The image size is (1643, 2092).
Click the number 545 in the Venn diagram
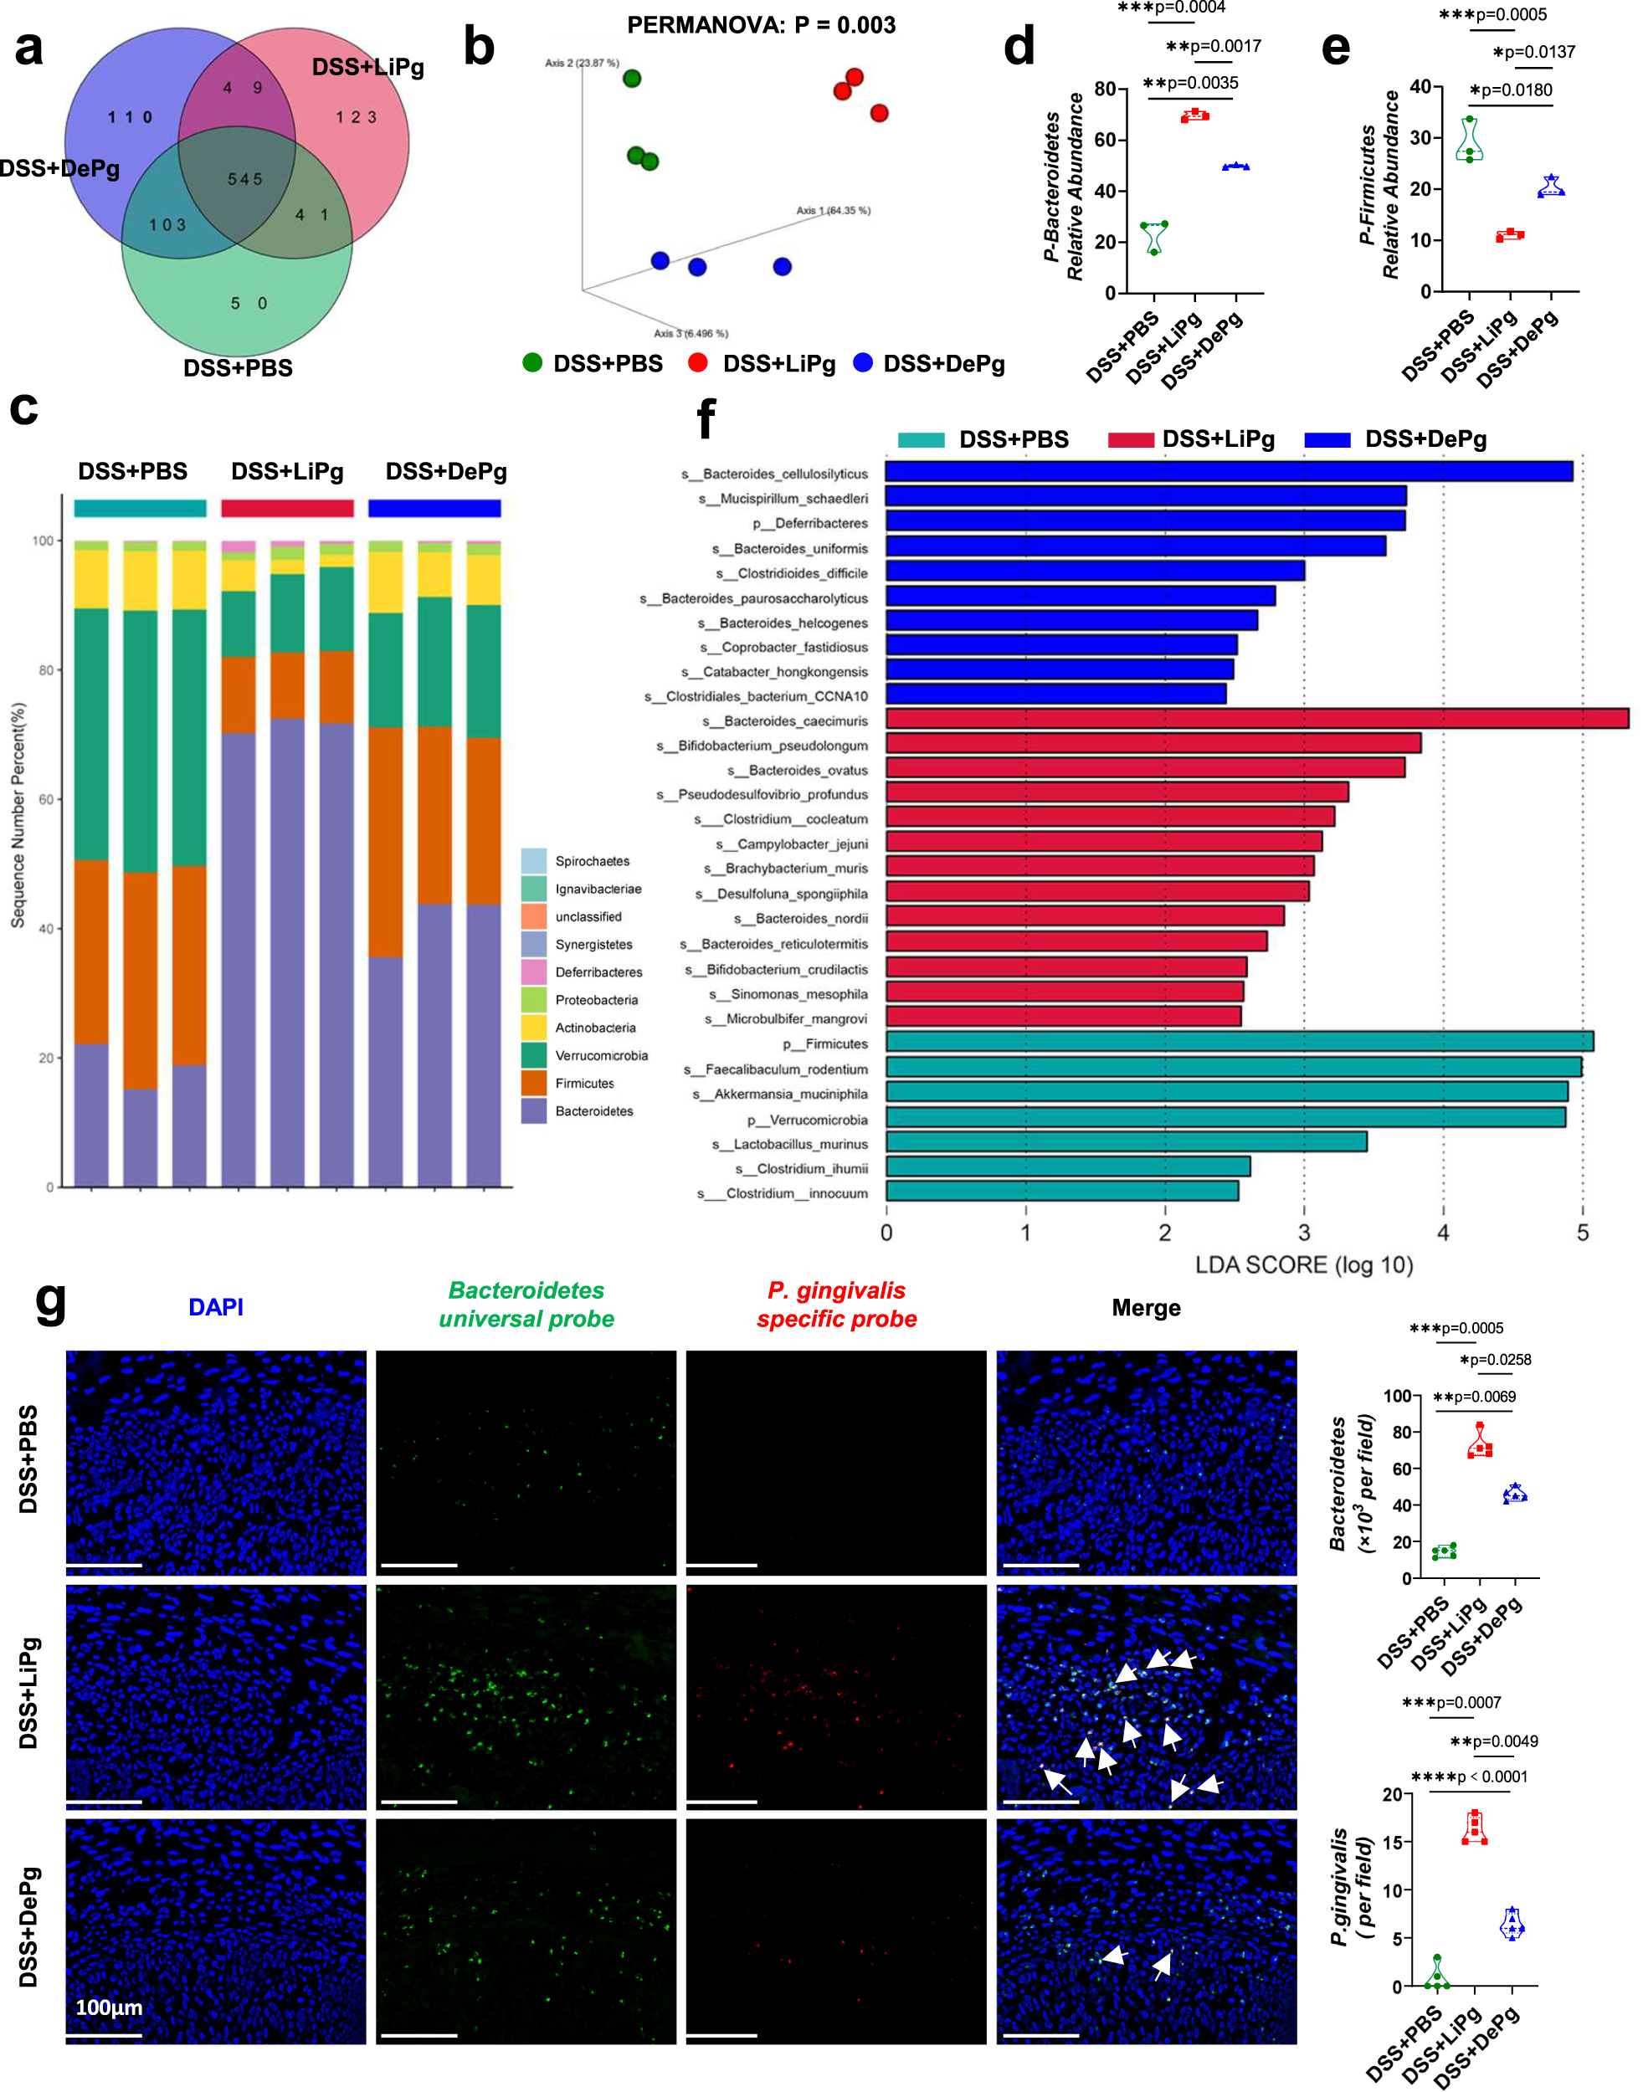click(244, 179)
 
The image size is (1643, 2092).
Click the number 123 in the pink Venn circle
click(356, 117)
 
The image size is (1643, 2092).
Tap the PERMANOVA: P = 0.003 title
click(761, 25)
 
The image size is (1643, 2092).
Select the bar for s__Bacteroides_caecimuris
click(1256, 719)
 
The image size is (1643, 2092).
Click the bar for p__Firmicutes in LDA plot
click(1239, 1042)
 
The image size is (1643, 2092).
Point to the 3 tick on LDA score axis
click(1303, 1233)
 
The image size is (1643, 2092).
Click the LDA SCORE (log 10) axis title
click(1303, 1264)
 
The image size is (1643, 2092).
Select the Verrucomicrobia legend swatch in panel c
click(534, 1055)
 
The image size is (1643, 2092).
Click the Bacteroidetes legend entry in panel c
click(593, 1111)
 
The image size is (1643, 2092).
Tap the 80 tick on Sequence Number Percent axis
click(46, 670)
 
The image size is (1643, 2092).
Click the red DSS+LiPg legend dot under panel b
click(698, 362)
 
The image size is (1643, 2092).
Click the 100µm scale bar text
click(109, 2007)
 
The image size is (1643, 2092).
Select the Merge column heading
click(1146, 1307)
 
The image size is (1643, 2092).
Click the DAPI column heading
click(215, 1307)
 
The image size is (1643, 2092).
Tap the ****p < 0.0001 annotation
click(1469, 1777)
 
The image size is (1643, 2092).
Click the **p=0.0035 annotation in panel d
click(1190, 83)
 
